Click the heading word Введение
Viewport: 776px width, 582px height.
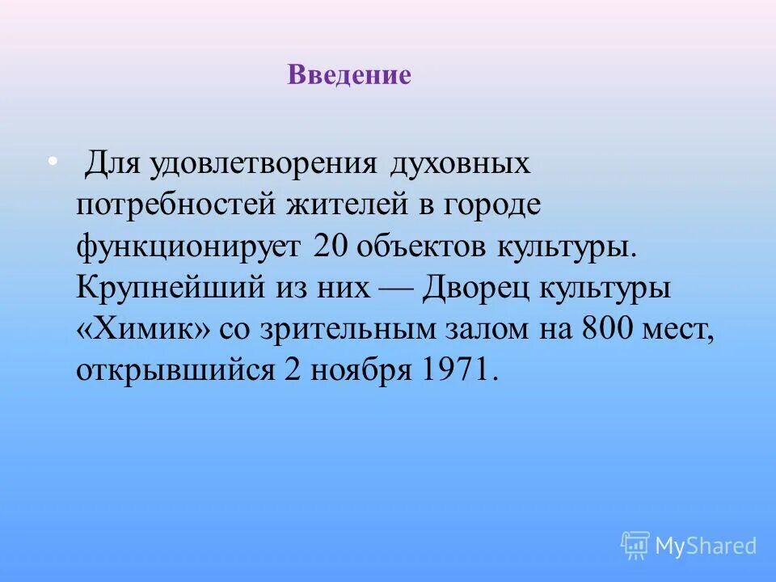click(x=348, y=76)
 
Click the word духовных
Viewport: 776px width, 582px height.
click(x=461, y=164)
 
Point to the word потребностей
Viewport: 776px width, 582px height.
click(x=173, y=205)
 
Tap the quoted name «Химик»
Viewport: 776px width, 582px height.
click(x=139, y=329)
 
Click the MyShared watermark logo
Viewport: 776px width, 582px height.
click(x=689, y=546)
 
